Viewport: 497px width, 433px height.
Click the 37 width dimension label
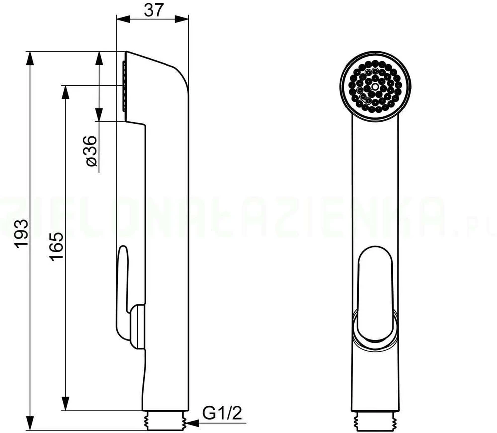pos(153,10)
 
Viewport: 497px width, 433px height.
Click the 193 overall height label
pos(22,233)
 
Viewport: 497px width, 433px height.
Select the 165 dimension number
pos(57,247)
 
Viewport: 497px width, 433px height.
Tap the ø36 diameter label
pos(91,151)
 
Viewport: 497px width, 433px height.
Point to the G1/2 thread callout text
pos(222,413)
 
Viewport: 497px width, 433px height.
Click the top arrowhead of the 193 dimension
pos(30,58)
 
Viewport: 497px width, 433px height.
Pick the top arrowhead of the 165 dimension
pos(65,93)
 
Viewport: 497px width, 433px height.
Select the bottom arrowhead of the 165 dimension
pos(65,403)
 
